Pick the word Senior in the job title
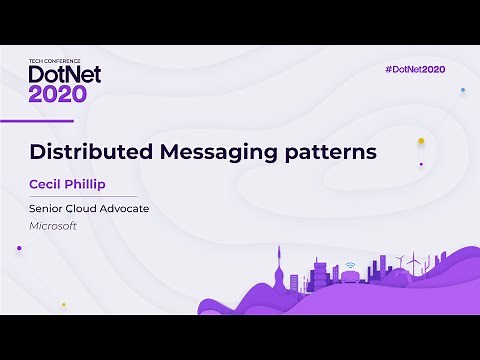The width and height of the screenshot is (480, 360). [x=46, y=210]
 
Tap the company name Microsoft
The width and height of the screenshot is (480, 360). [x=53, y=226]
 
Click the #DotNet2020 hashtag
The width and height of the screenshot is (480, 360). [x=415, y=69]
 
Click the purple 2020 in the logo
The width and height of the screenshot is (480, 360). [x=58, y=94]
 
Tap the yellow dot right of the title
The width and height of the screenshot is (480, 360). [x=421, y=141]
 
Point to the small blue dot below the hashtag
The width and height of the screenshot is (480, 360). [x=462, y=90]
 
